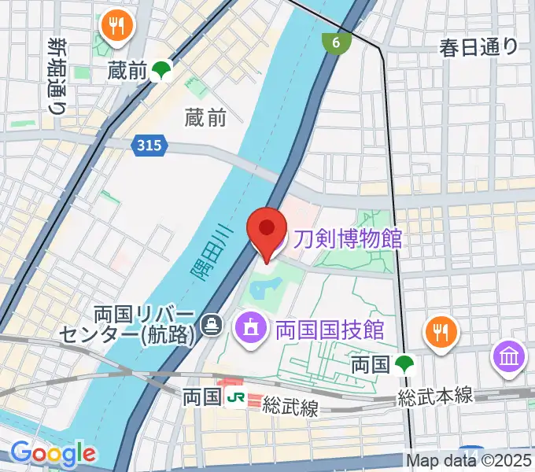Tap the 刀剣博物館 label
pyautogui.click(x=348, y=237)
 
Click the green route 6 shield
pyautogui.click(x=336, y=43)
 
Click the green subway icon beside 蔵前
pyautogui.click(x=162, y=72)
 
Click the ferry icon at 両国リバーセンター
pyautogui.click(x=211, y=323)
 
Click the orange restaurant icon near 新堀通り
pyautogui.click(x=119, y=28)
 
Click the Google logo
pyautogui.click(x=53, y=453)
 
